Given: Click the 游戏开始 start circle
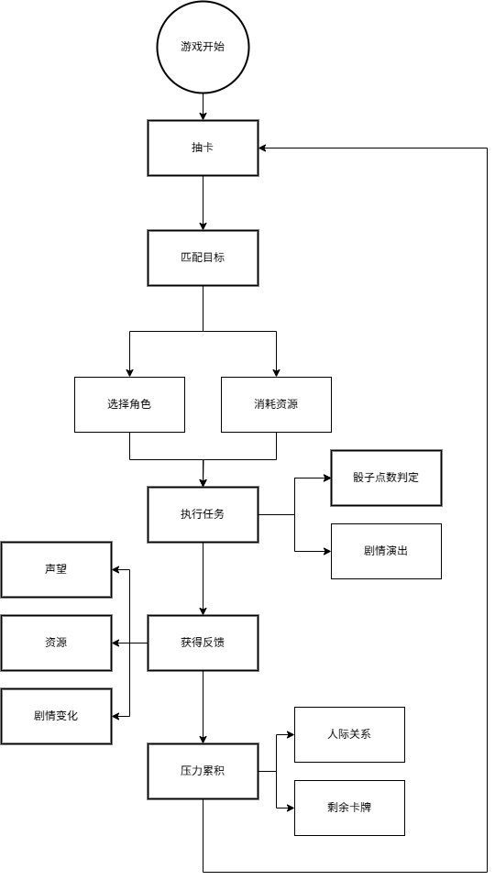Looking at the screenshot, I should pyautogui.click(x=203, y=47).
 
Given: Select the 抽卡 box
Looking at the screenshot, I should pyautogui.click(x=203, y=148).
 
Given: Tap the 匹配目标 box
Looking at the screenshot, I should pyautogui.click(x=203, y=258).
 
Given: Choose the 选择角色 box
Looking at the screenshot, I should pyautogui.click(x=129, y=404).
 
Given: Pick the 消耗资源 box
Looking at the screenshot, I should pyautogui.click(x=276, y=404).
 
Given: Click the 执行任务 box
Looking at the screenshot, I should pyautogui.click(x=203, y=514).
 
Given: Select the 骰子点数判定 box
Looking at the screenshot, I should pyautogui.click(x=386, y=478).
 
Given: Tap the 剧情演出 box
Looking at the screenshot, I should pyautogui.click(x=386, y=551).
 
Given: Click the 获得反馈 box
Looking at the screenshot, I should pyautogui.click(x=203, y=643).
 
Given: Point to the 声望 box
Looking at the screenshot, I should pyautogui.click(x=56, y=569).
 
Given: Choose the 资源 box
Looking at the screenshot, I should pyautogui.click(x=56, y=643).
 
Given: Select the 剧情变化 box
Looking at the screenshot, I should pyautogui.click(x=56, y=716).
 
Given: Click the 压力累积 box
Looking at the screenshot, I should pyautogui.click(x=203, y=771).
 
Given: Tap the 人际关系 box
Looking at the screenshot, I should pyautogui.click(x=349, y=734).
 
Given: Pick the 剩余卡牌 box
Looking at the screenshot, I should pyautogui.click(x=349, y=808).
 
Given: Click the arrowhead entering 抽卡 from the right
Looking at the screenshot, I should pyautogui.click(x=263, y=148).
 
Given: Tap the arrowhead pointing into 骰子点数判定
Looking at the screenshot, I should pyautogui.click(x=325, y=478).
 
